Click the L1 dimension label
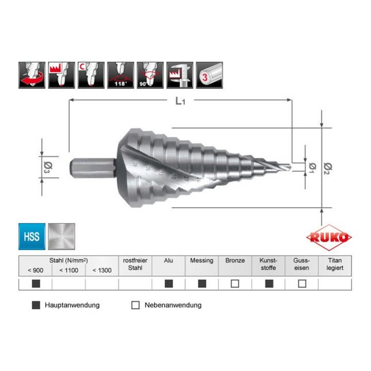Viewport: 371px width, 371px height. coord(181,102)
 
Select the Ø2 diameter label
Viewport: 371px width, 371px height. coord(328,167)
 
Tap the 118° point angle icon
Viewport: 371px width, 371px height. coord(120,75)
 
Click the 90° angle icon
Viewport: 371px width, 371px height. coord(151,75)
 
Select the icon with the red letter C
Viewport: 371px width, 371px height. coord(90,75)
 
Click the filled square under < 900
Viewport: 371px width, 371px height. coord(36,284)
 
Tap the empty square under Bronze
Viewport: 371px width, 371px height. coord(235,284)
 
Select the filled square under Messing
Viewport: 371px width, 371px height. coord(202,284)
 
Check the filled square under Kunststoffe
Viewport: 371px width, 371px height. coord(269,284)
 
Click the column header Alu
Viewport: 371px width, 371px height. coord(169,261)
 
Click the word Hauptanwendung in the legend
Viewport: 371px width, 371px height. coord(72,305)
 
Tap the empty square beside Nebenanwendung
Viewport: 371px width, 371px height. coord(136,305)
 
